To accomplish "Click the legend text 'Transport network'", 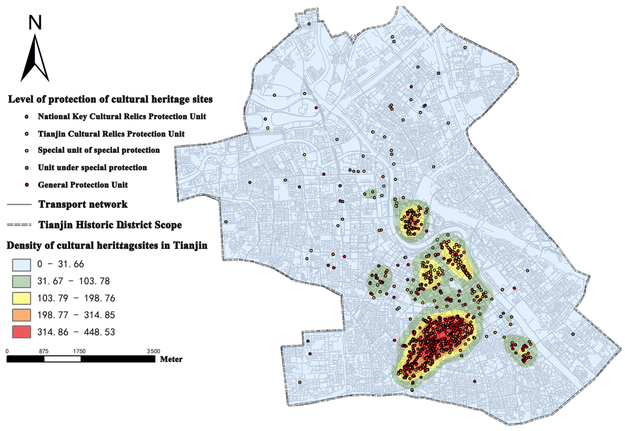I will click(83, 204).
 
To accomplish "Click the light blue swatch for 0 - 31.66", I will click(21, 265).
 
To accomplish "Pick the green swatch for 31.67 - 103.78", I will click(21, 281).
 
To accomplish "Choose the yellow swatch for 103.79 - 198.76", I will click(21, 298).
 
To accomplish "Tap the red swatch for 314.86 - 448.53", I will click(21, 332).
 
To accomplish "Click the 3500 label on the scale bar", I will click(153, 351).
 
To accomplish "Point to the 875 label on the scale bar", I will click(44, 351).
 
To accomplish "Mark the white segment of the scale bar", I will click(62, 359).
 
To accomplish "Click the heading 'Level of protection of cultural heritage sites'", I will click(110, 99).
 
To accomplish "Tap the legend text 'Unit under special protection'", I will click(92, 168).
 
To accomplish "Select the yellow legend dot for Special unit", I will click(27, 151).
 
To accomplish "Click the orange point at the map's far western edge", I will click(226, 222).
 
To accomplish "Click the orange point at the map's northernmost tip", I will click(309, 24).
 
